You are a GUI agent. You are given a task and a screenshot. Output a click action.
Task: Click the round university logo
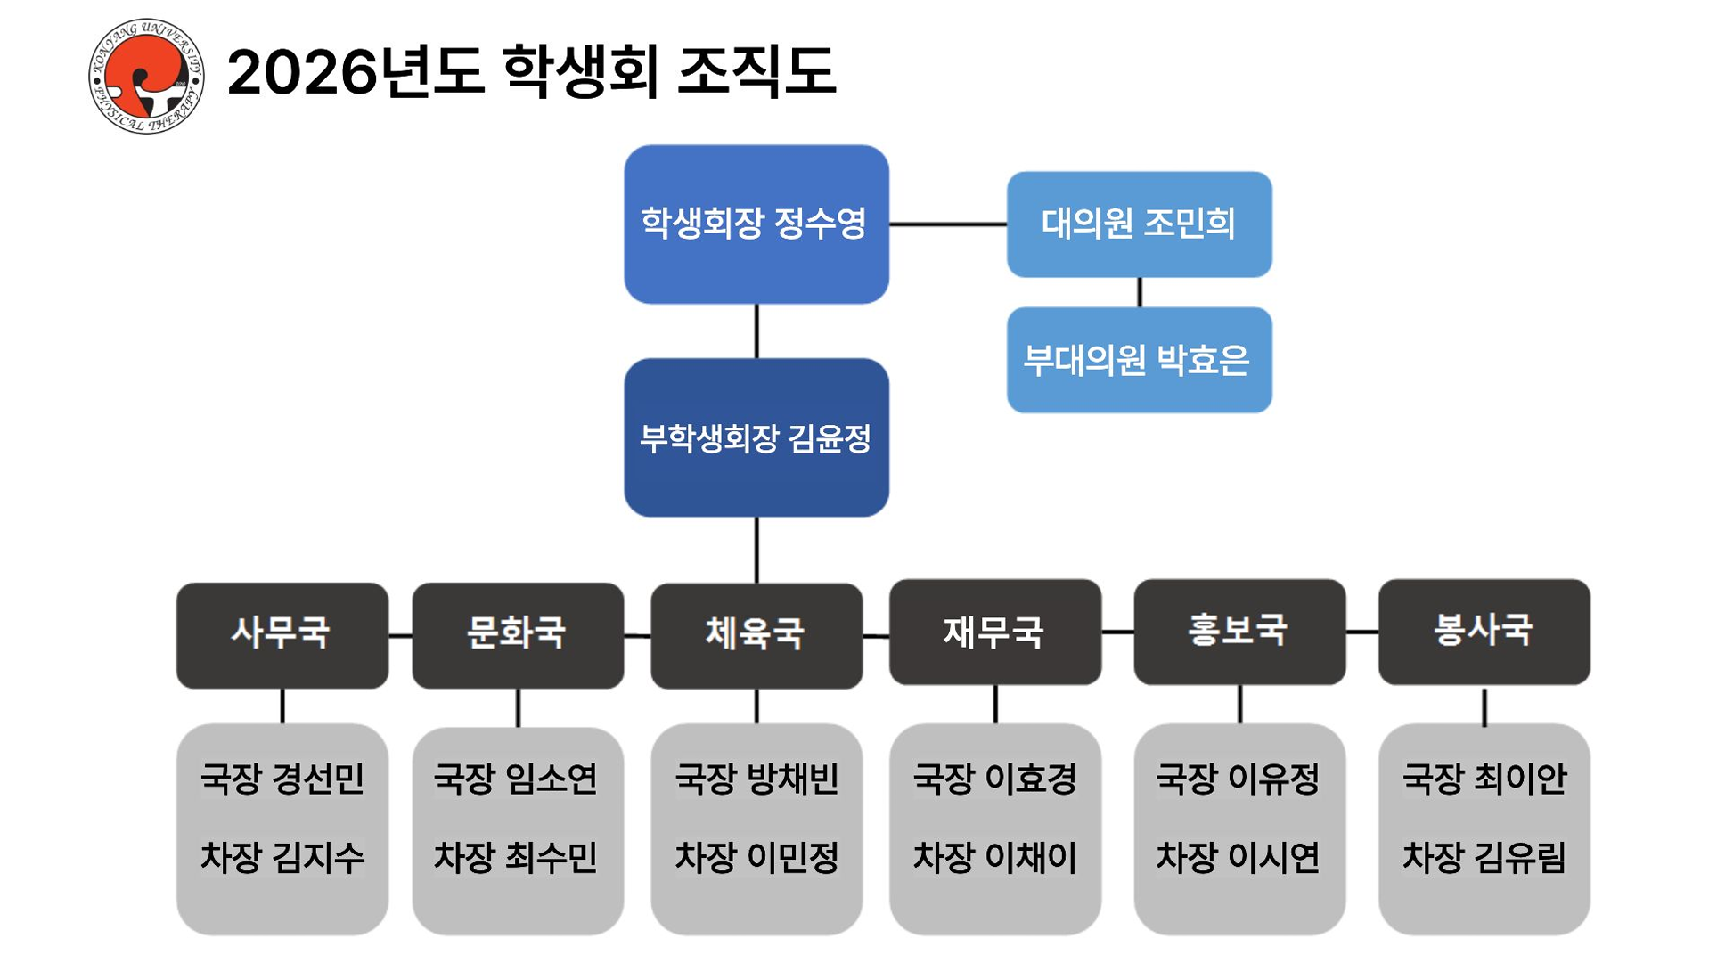point(146,77)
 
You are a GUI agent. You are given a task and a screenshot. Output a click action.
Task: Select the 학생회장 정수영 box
point(756,224)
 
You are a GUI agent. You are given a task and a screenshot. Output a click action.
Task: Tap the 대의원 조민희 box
point(1139,224)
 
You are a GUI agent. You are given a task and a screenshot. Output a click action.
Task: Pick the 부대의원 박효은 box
point(1139,360)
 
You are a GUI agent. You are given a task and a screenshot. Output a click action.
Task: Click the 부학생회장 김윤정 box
point(756,437)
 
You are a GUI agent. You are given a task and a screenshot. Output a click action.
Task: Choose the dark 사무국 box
point(282,634)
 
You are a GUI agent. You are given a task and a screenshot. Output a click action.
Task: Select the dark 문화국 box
point(517,634)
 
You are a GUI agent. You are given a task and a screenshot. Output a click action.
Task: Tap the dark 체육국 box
point(756,635)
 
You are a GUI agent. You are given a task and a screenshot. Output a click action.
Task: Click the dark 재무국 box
point(994,632)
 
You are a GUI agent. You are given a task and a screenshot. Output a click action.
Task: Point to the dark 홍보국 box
point(1239,631)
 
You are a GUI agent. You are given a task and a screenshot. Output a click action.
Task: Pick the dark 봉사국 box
point(1484,631)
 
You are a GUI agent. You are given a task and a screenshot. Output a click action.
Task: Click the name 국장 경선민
point(282,779)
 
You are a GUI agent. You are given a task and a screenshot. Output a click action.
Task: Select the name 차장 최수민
point(515,857)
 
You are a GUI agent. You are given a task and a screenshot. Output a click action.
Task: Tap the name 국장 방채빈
point(756,779)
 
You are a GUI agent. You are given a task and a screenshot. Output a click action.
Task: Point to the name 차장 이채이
point(994,857)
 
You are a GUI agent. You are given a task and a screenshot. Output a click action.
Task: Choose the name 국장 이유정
point(1238,779)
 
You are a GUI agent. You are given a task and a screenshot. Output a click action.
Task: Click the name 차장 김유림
point(1484,857)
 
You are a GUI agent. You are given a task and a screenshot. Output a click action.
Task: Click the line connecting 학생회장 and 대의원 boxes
point(947,224)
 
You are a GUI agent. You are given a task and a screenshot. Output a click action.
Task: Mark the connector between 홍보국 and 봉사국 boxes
point(1361,632)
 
